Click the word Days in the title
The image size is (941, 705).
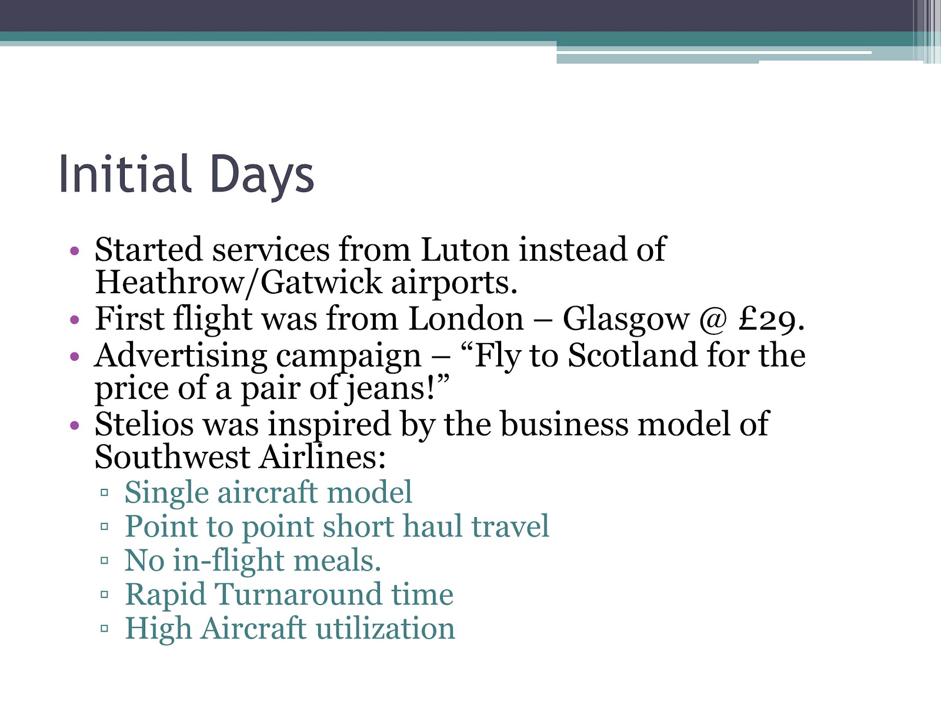click(262, 175)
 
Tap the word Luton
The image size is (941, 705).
click(464, 250)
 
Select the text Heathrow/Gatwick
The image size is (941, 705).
click(238, 282)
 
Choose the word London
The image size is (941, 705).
click(465, 319)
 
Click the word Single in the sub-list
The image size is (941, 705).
click(166, 492)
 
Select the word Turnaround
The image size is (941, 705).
click(298, 594)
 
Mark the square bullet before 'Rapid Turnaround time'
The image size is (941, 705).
click(105, 595)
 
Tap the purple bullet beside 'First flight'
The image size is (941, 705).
click(74, 320)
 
